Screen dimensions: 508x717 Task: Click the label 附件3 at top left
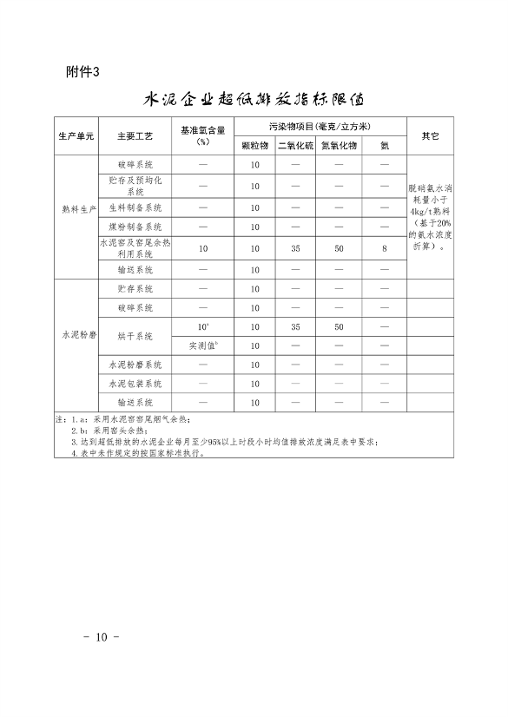pos(83,71)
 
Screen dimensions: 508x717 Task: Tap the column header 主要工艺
pos(135,136)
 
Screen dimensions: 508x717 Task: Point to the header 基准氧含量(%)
pos(204,135)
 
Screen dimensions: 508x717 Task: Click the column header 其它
pos(430,136)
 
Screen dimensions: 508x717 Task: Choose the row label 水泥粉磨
pos(77,335)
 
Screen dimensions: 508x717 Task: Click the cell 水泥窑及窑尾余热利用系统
pos(135,248)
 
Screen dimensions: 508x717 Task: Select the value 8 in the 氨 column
pos(383,248)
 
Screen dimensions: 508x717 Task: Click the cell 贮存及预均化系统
pos(135,186)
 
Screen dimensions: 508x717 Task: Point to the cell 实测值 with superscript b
pos(203,345)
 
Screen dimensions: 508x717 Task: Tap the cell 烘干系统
pos(135,336)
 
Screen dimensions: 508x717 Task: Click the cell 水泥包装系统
pos(135,383)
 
